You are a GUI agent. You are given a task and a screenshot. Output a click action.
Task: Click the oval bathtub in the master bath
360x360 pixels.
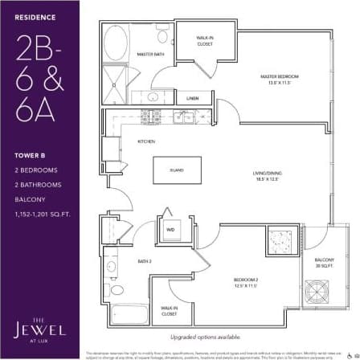tap(117, 41)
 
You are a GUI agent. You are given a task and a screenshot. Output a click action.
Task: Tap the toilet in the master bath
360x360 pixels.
tap(162, 37)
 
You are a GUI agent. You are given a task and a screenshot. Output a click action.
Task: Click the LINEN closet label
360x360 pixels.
tap(193, 98)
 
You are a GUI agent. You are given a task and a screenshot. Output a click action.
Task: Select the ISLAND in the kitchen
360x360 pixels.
tap(176, 170)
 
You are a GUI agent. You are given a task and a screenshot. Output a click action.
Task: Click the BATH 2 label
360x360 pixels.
tap(145, 261)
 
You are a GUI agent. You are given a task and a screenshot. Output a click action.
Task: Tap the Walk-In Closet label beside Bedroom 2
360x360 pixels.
tap(169, 311)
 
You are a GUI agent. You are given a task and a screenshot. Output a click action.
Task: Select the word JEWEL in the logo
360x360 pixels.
tap(39, 329)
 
